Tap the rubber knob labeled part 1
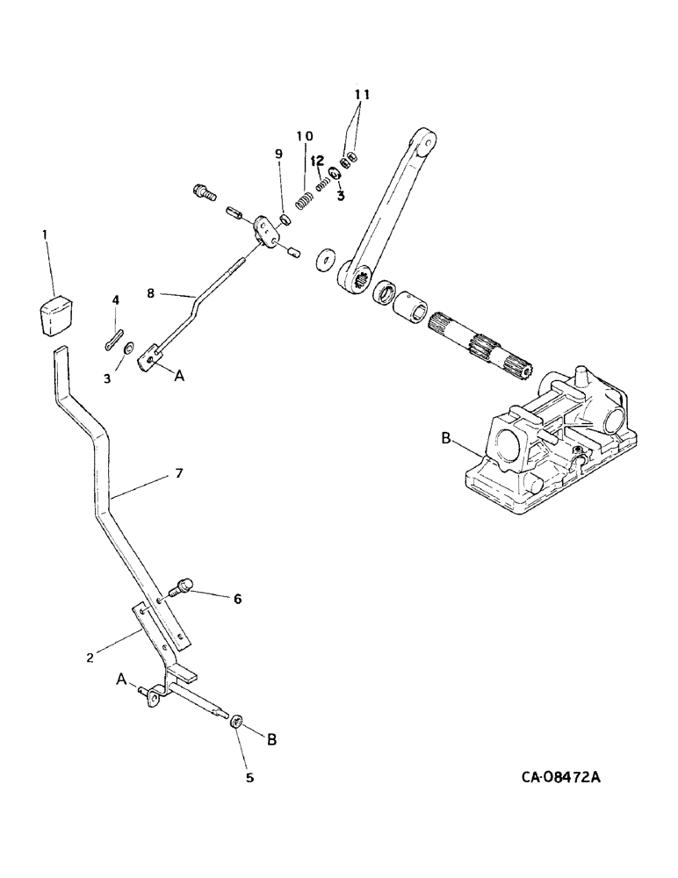[x=55, y=315]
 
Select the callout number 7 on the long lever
[x=178, y=473]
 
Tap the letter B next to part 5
[x=271, y=740]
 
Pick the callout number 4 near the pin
[x=114, y=300]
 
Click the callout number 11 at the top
[x=363, y=95]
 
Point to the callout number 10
[x=304, y=136]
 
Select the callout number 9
[x=278, y=155]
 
